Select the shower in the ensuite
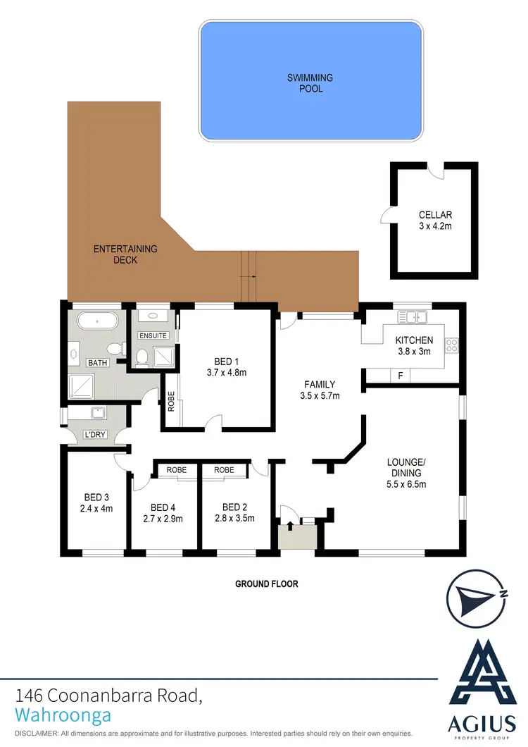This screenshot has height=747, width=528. [x=163, y=357]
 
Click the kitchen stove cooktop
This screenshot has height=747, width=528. [x=451, y=345]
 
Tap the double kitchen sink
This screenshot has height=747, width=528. [x=408, y=318]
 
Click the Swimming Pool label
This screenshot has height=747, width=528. [x=310, y=82]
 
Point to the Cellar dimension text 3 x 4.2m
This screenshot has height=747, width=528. [x=434, y=227]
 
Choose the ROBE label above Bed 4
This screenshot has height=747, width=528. [x=176, y=469]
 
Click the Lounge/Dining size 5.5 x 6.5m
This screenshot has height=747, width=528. [x=407, y=484]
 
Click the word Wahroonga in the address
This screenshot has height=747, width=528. [x=63, y=715]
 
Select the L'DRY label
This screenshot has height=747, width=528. [x=94, y=435]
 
